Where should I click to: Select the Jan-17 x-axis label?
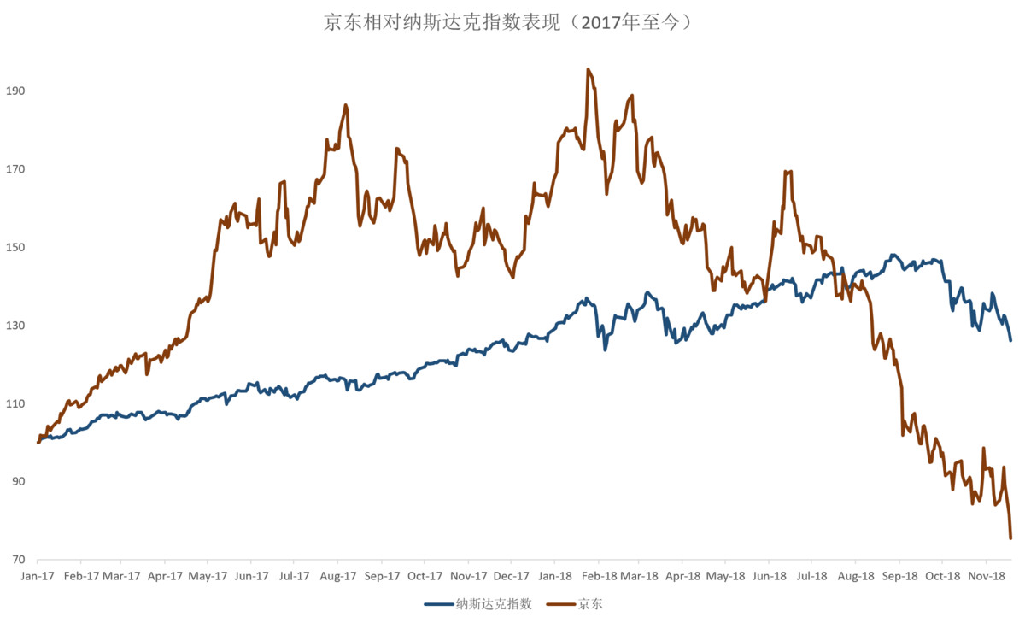pos(38,576)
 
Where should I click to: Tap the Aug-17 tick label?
pos(338,576)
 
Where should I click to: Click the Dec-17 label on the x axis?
pos(510,576)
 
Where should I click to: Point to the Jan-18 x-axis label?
pos(555,576)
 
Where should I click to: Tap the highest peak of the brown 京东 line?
pos(588,69)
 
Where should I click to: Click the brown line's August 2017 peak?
pos(345,105)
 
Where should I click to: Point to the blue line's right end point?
pos(1010,340)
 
